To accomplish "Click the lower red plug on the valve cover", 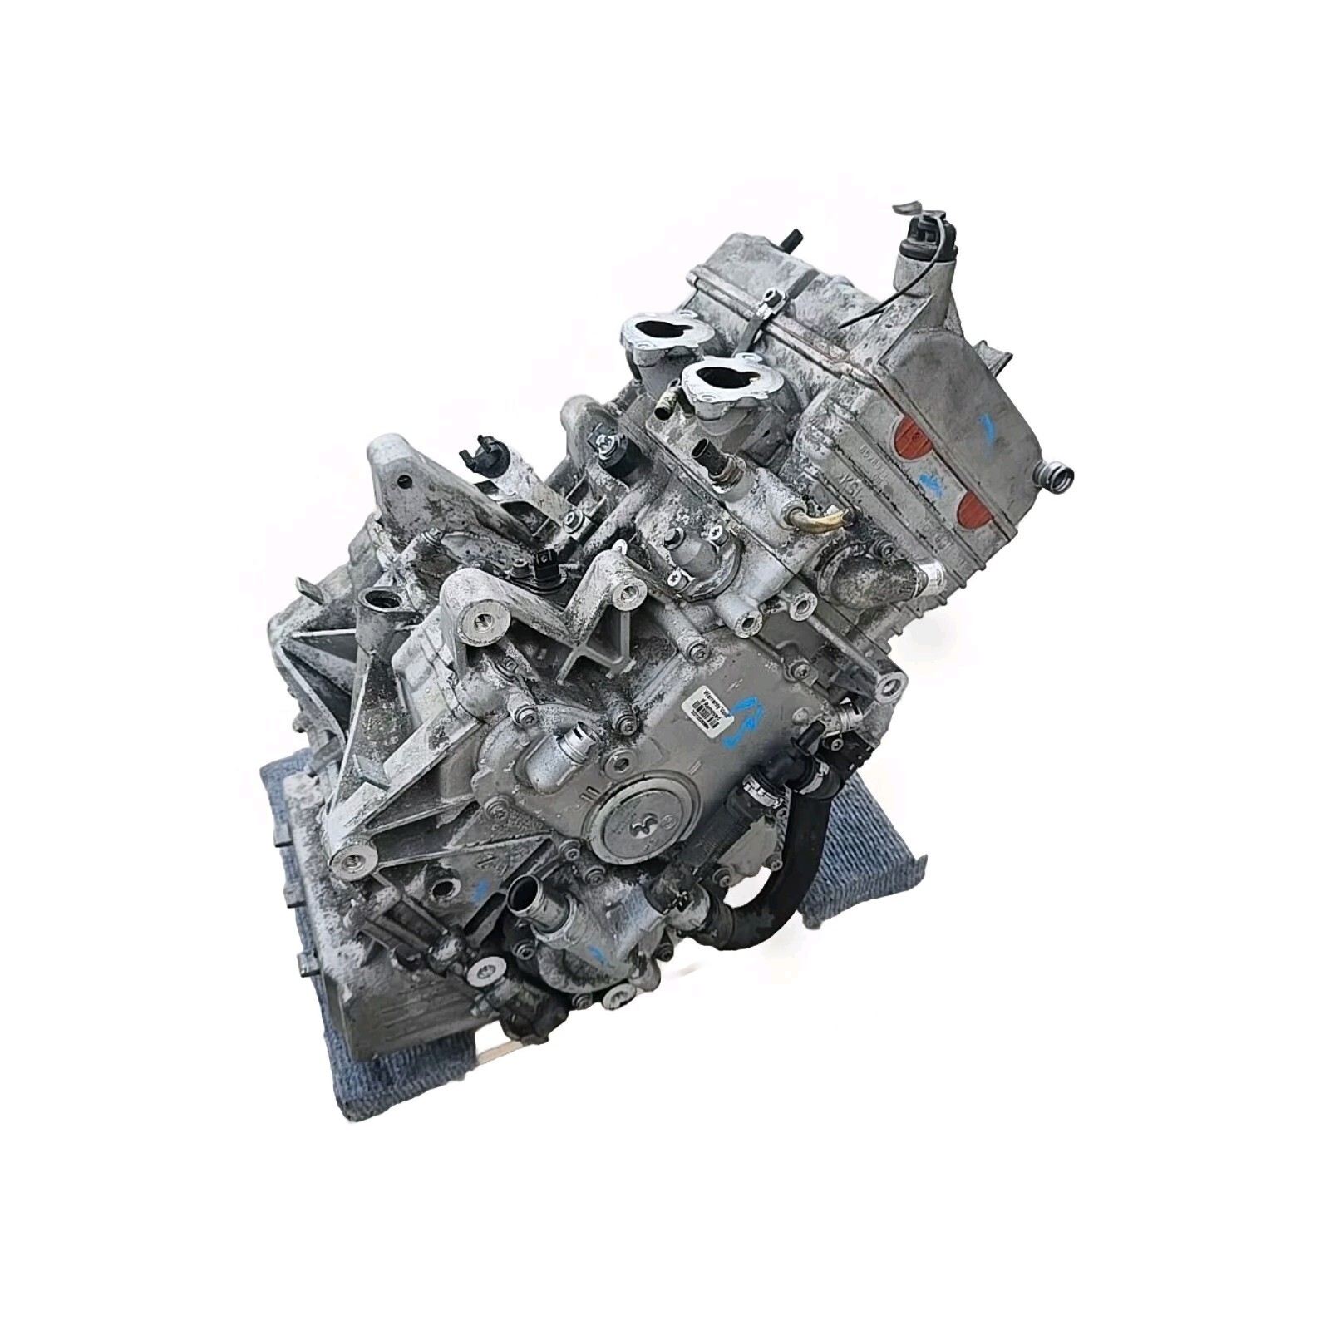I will pyautogui.click(x=979, y=505).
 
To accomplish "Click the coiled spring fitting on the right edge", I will pyautogui.click(x=1060, y=475).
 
